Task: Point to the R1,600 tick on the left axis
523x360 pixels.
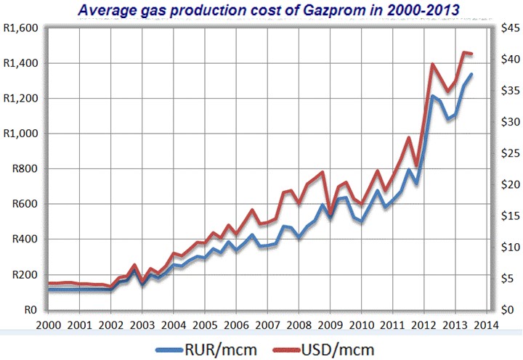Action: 23,28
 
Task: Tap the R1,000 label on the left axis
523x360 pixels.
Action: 23,134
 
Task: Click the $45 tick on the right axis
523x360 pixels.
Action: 508,28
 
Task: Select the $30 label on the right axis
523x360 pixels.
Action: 508,122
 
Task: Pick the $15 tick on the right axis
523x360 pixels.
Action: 508,216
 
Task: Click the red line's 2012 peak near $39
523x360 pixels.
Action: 433,65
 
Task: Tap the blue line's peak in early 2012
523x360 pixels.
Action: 433,96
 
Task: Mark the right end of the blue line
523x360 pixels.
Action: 471,74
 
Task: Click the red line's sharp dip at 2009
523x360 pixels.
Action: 331,213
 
